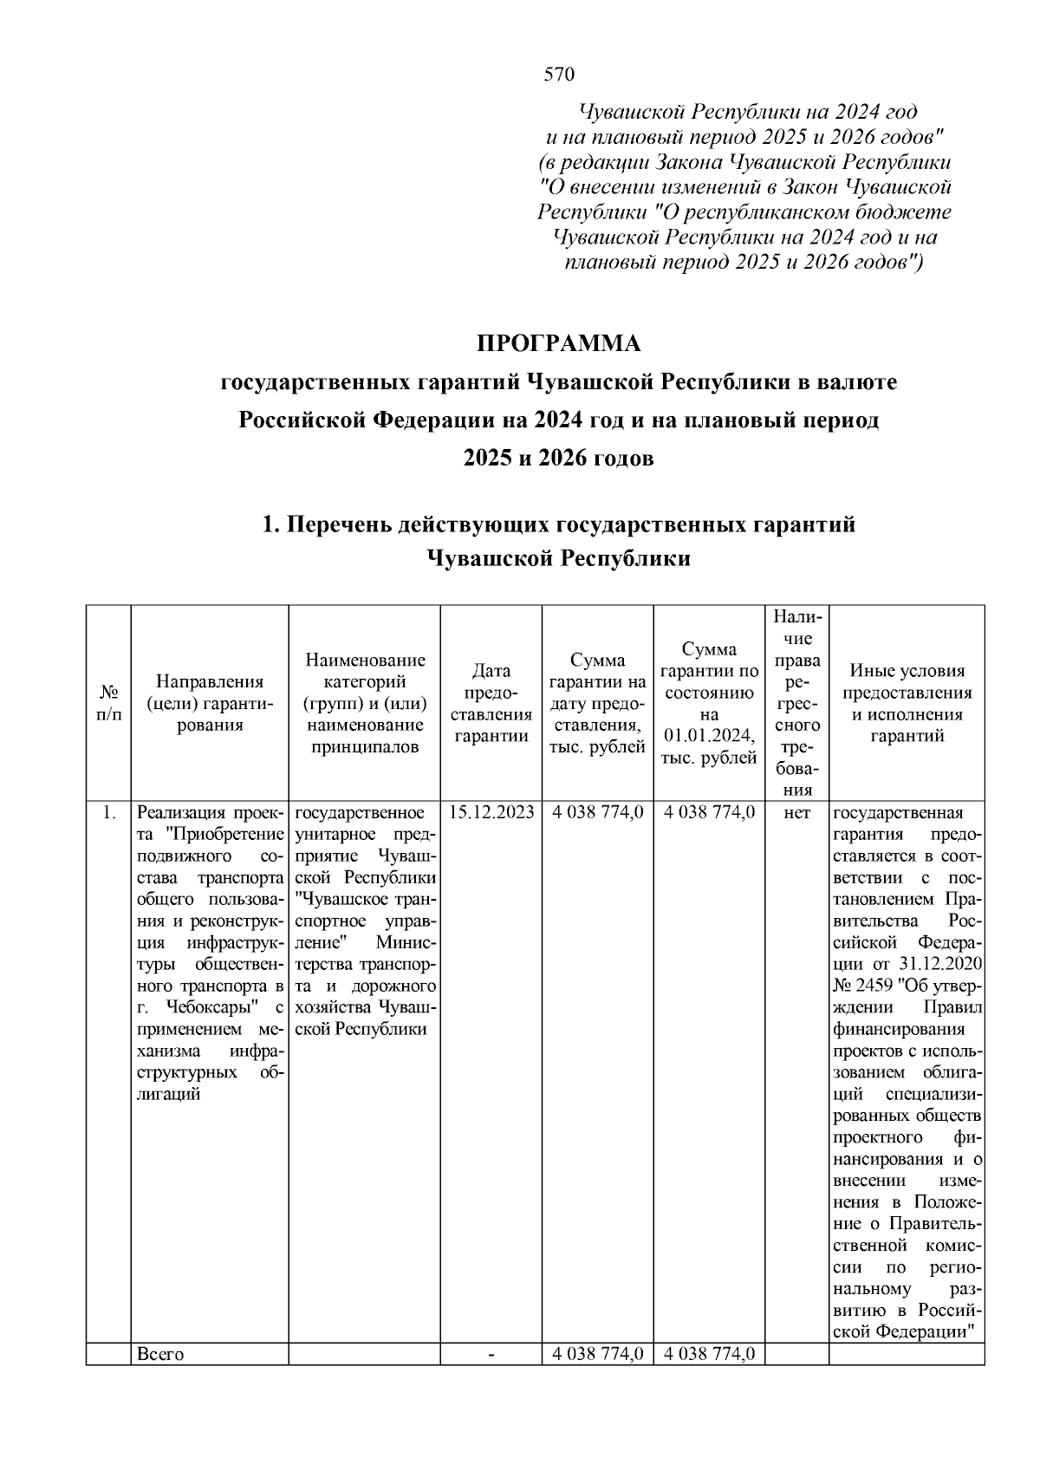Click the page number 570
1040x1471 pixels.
pyautogui.click(x=559, y=75)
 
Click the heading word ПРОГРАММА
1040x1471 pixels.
pyautogui.click(x=559, y=344)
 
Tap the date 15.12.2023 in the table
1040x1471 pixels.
pyautogui.click(x=491, y=813)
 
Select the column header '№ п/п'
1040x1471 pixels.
pyautogui.click(x=108, y=703)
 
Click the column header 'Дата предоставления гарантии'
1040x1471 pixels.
pyautogui.click(x=491, y=703)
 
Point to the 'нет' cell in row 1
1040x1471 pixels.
pyautogui.click(x=796, y=813)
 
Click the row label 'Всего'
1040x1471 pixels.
pyautogui.click(x=160, y=1355)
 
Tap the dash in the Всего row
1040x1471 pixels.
pyautogui.click(x=491, y=1355)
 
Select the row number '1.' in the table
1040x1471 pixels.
pyautogui.click(x=108, y=813)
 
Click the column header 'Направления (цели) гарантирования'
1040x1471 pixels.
pyautogui.click(x=209, y=703)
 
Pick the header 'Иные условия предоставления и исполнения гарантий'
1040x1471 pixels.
pyautogui.click(x=907, y=703)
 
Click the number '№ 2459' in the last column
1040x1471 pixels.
pyautogui.click(x=866, y=986)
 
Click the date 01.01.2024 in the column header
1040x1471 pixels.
pyautogui.click(x=709, y=736)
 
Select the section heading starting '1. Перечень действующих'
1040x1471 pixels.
pyautogui.click(x=559, y=524)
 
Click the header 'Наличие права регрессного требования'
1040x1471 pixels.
pyautogui.click(x=796, y=703)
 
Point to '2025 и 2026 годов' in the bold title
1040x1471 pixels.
pyautogui.click(x=559, y=458)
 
